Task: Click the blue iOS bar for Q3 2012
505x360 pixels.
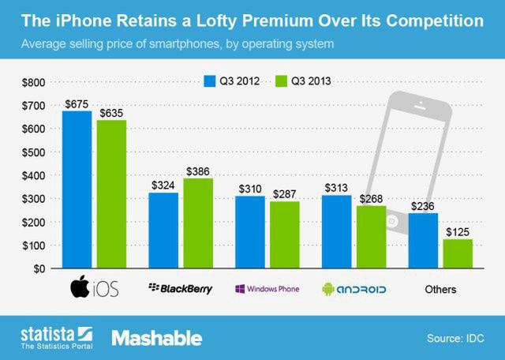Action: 77,189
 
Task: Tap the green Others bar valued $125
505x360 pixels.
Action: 457,253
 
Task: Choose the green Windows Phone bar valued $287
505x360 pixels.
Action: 284,235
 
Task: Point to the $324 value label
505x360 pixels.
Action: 163,185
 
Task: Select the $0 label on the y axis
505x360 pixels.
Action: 38,268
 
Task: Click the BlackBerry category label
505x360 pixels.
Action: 181,289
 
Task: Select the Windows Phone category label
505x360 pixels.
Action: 267,289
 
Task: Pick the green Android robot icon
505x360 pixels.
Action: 328,289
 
